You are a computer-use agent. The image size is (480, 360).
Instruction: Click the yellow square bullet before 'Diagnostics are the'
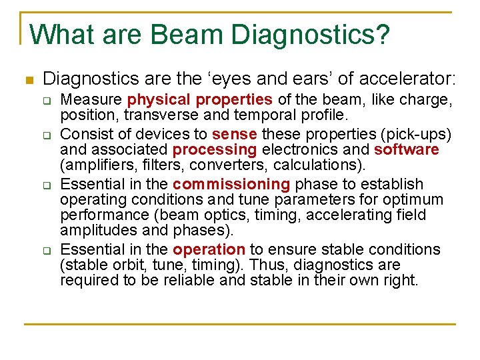pos(27,81)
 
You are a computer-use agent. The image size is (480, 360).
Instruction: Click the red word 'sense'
pos(234,133)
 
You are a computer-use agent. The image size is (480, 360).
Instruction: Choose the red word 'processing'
pos(215,149)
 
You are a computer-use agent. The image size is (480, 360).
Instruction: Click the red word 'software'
pos(407,149)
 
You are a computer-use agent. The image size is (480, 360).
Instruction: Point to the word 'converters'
pos(237,165)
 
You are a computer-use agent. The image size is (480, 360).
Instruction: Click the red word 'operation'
pos(209,249)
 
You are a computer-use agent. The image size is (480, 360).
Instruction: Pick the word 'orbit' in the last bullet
pos(124,265)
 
